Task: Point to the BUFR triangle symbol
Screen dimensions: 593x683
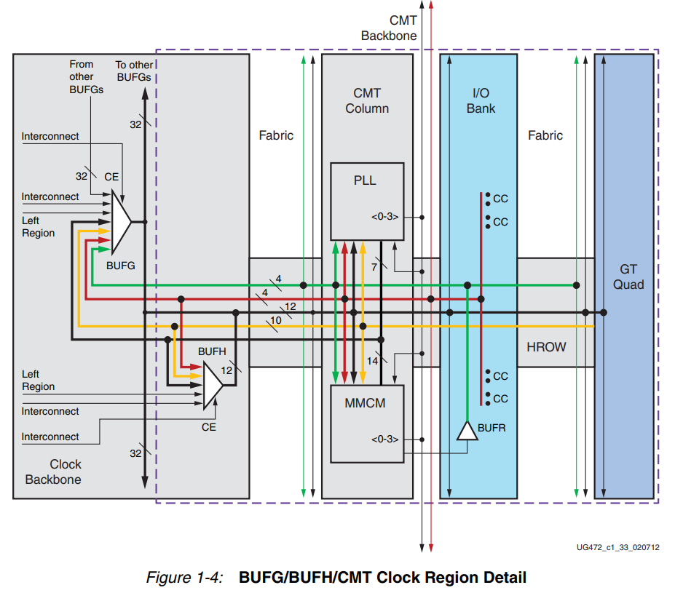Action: click(465, 431)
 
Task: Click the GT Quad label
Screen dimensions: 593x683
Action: click(628, 277)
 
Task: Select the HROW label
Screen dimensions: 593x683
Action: click(546, 347)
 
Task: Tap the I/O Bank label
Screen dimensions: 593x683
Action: click(481, 101)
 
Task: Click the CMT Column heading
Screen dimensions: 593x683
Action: click(367, 101)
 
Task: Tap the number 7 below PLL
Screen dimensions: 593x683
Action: click(374, 267)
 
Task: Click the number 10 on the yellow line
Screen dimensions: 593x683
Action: click(275, 319)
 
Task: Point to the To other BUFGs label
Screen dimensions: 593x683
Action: click(134, 70)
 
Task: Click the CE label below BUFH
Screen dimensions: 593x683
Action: click(209, 427)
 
